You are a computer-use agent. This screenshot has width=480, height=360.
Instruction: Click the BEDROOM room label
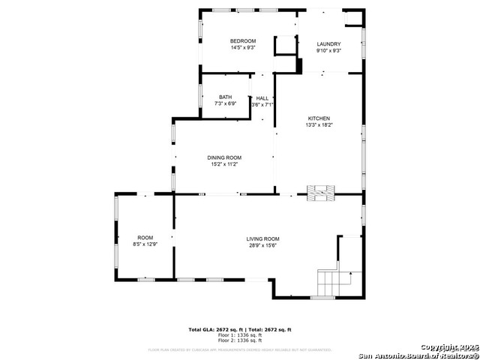point(243,40)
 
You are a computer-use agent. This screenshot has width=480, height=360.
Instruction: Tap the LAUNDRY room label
point(328,44)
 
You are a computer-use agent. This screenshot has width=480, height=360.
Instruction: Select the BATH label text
point(225,97)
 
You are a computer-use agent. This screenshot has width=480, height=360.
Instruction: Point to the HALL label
point(262,98)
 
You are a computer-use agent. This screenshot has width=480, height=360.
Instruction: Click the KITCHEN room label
point(319,118)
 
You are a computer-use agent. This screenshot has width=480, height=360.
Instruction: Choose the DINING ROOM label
point(224,157)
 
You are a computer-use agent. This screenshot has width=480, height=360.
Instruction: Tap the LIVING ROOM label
point(262,238)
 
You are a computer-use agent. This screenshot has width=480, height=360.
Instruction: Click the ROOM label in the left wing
point(145,237)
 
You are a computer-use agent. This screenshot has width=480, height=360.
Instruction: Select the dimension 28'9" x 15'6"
point(262,245)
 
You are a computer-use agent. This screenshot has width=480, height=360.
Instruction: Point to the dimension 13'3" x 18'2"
point(319,125)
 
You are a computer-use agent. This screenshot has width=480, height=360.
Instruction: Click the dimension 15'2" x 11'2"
point(224,164)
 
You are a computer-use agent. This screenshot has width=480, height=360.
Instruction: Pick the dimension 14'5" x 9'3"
point(243,47)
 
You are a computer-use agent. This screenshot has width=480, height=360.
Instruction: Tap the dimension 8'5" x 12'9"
point(145,244)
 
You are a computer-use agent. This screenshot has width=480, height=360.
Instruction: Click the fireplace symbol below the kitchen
point(321,193)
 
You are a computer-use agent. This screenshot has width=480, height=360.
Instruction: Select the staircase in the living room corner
point(334,282)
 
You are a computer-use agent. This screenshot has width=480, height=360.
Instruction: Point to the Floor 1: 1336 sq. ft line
point(239,335)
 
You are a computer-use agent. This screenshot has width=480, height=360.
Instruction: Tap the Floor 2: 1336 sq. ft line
point(239,340)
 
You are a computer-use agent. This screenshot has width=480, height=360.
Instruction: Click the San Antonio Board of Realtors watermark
point(418,355)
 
